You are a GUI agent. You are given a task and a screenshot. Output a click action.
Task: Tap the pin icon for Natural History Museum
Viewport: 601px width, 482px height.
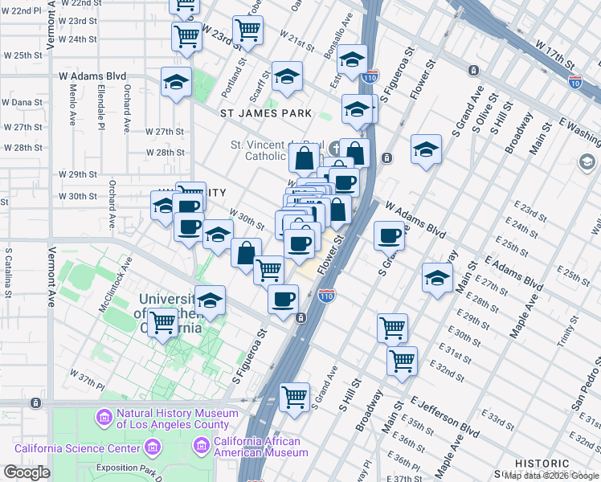pos(104,418)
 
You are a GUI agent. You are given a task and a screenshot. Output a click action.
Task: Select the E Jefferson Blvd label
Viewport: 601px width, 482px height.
pos(440,411)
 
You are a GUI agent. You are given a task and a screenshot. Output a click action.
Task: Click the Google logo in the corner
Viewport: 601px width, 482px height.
pos(27,472)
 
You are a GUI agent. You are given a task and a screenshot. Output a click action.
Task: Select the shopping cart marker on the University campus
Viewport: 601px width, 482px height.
pos(164,323)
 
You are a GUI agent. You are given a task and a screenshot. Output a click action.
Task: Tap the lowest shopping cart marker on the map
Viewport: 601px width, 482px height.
pos(295,396)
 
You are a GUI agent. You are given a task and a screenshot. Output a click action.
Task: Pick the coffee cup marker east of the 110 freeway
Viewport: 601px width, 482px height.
pos(390,235)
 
